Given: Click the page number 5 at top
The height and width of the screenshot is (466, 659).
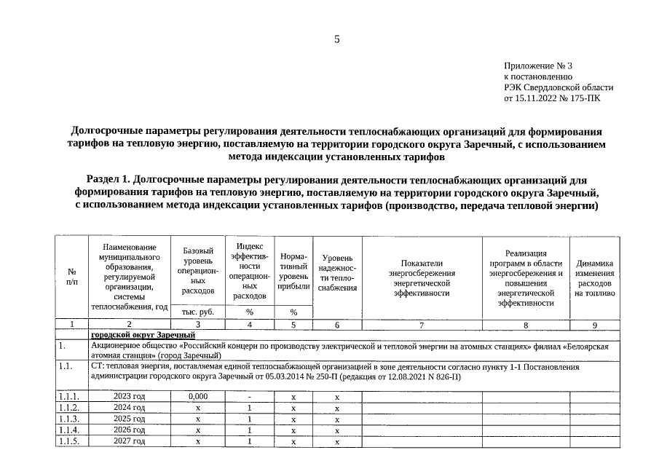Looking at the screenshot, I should click(336, 39).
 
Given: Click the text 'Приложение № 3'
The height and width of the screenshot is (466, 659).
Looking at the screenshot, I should click(538, 66).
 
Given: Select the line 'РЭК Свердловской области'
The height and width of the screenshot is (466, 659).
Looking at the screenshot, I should click(558, 87).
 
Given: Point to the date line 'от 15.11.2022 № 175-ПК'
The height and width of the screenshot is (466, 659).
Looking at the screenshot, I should click(552, 98).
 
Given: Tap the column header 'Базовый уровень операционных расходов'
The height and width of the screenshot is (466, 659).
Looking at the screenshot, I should click(198, 270).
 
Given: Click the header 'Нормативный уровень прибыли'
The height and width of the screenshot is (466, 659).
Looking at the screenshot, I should click(293, 272).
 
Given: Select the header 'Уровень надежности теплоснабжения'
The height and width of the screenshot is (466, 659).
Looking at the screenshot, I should click(337, 272).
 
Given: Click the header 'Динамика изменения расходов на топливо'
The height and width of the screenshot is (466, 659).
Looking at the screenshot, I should click(594, 277).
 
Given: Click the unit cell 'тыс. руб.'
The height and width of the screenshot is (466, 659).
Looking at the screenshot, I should click(198, 312).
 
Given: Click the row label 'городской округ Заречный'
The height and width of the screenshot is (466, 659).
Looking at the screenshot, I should click(143, 334).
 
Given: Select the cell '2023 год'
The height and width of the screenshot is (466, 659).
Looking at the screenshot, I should click(129, 397).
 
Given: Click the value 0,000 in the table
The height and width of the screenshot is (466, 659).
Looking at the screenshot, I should click(198, 397).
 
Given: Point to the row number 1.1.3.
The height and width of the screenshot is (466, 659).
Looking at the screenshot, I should click(71, 419).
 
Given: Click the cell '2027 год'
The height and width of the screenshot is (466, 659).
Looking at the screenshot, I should click(129, 441).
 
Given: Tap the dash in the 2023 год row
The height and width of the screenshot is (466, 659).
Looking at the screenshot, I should click(249, 397).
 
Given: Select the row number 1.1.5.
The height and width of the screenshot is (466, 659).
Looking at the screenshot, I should click(71, 441).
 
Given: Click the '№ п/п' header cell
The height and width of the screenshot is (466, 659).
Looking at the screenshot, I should click(71, 276).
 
